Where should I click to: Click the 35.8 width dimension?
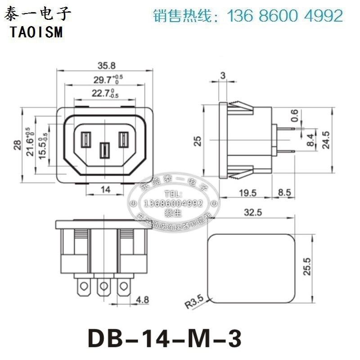[x=105, y=65]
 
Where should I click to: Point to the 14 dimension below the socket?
[x=105, y=189]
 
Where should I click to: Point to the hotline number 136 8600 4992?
[x=286, y=16]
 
